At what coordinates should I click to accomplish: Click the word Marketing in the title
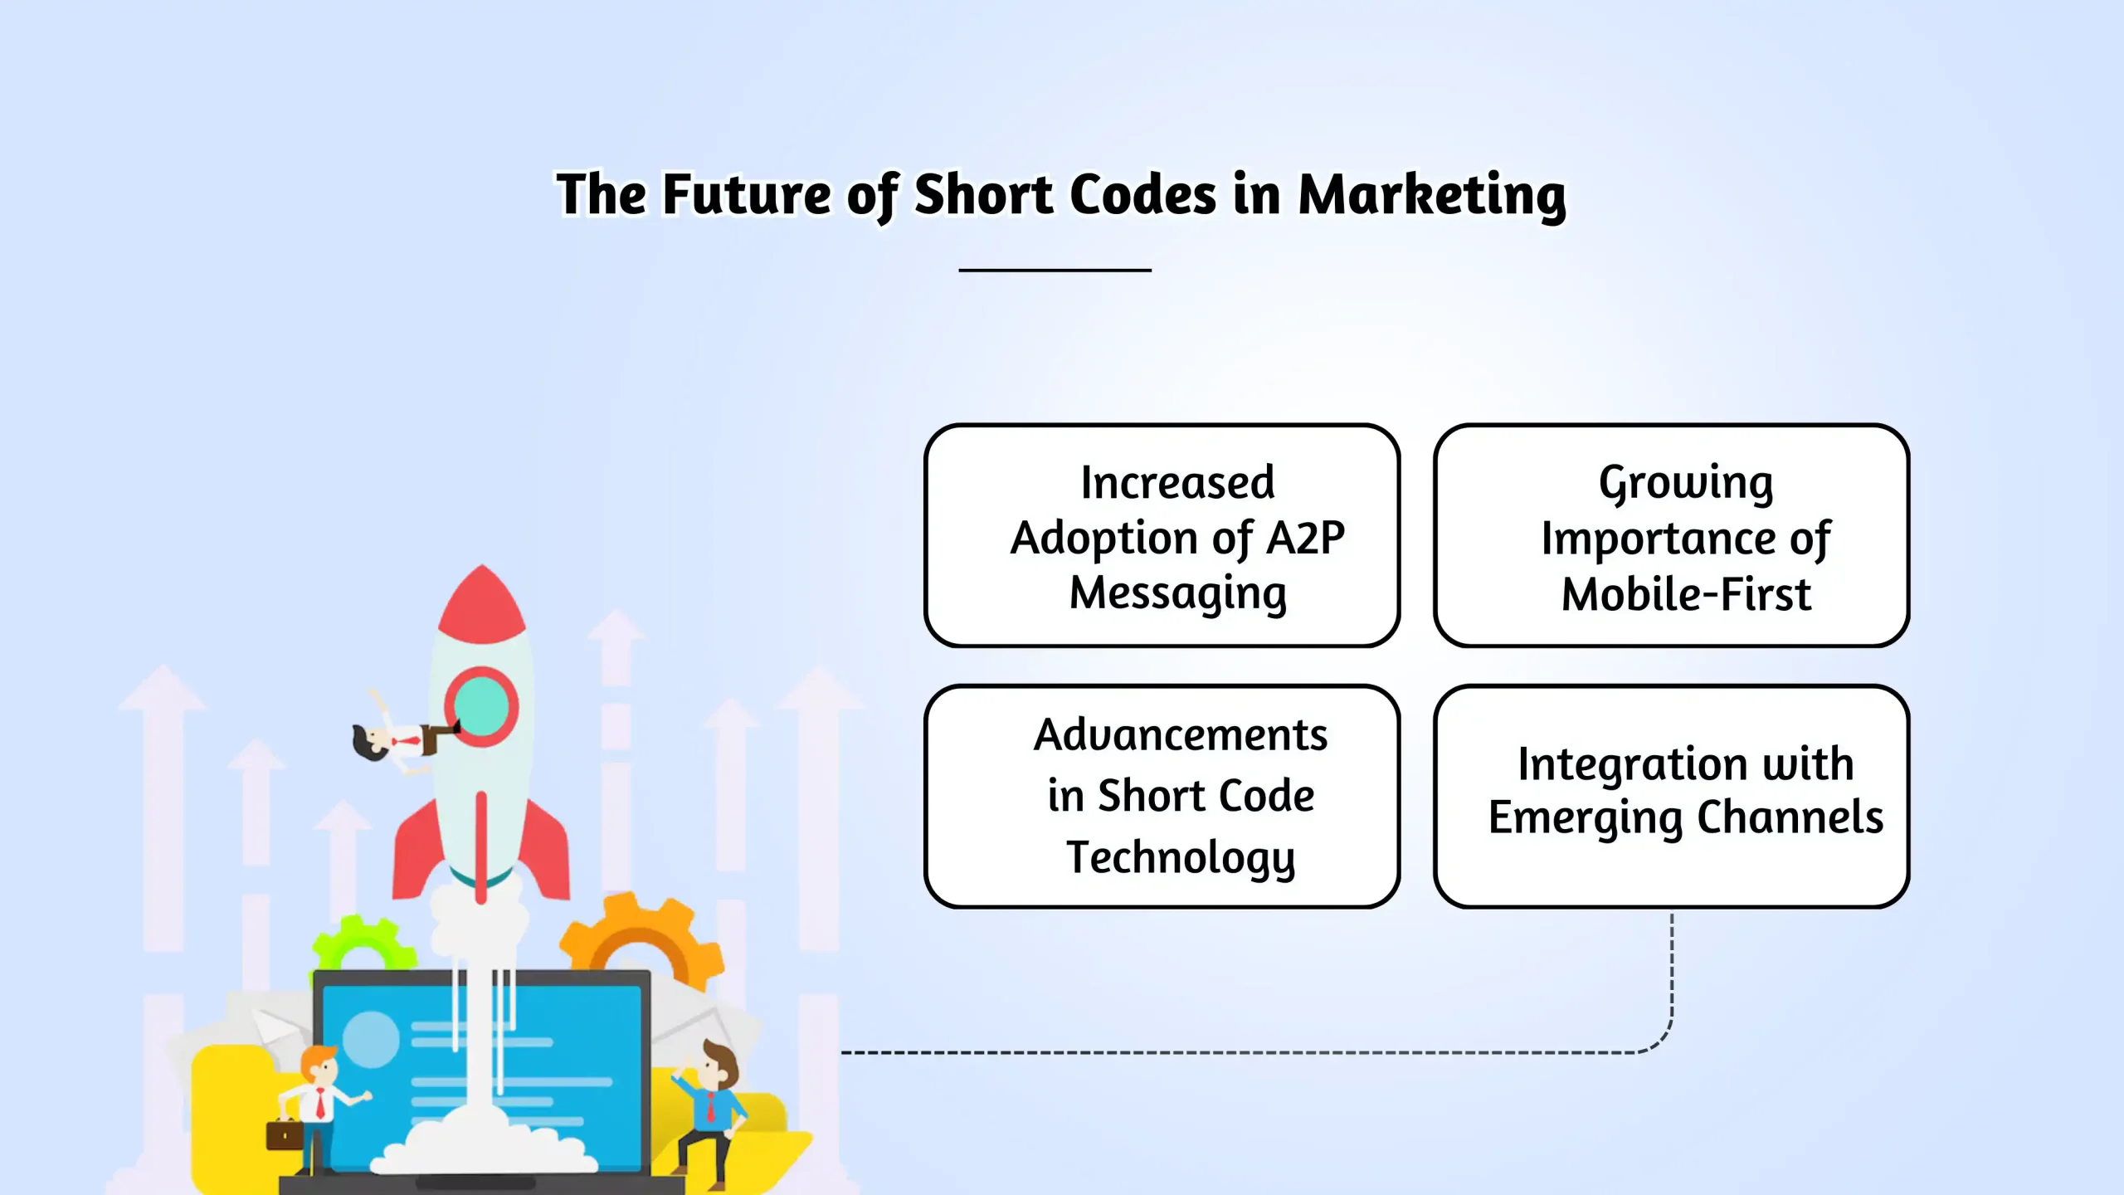[1432, 195]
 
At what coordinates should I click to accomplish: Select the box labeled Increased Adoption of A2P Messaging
[1162, 535]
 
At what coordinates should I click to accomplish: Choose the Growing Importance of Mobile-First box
[1671, 535]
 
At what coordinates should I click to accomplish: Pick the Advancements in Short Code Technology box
[1162, 796]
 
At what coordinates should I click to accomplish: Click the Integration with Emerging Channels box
[1671, 796]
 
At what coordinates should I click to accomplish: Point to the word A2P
[1305, 538]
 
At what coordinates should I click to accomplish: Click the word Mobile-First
[1686, 594]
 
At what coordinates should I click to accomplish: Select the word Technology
[1181, 858]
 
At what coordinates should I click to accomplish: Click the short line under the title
[1055, 270]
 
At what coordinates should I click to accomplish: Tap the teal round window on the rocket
[481, 705]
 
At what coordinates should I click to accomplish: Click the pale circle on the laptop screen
[371, 1039]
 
